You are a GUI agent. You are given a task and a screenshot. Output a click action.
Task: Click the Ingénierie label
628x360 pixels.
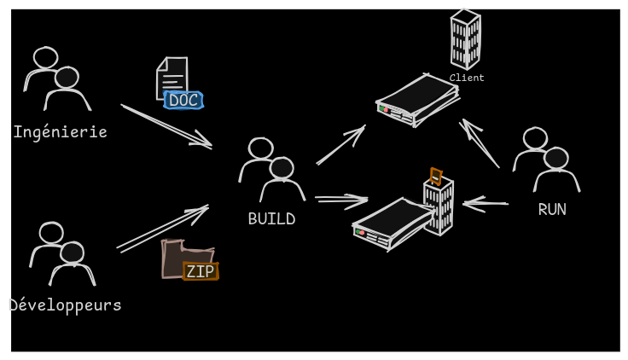pyautogui.click(x=60, y=132)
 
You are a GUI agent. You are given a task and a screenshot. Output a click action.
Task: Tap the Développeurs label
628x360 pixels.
pyautogui.click(x=65, y=305)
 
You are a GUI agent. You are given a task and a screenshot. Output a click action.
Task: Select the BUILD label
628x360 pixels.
pyautogui.click(x=271, y=219)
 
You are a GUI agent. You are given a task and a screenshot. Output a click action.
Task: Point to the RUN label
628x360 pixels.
pyautogui.click(x=552, y=210)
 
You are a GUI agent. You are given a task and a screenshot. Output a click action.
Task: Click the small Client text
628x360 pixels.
pyautogui.click(x=467, y=78)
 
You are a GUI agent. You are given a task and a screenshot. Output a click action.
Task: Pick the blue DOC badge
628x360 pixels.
pyautogui.click(x=183, y=101)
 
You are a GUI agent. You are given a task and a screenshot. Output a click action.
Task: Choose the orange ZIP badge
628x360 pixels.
pyautogui.click(x=201, y=271)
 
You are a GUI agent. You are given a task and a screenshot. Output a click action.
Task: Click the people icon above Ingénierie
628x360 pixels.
pyautogui.click(x=57, y=78)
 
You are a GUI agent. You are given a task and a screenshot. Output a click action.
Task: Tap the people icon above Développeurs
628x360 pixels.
pyautogui.click(x=62, y=253)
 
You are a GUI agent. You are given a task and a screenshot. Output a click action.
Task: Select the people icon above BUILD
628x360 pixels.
pyautogui.click(x=271, y=170)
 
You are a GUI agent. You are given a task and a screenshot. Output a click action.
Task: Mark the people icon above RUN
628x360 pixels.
pyautogui.click(x=546, y=160)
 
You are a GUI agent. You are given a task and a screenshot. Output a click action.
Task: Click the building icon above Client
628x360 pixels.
pyautogui.click(x=465, y=38)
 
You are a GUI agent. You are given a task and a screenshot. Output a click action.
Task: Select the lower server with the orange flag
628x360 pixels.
pyautogui.click(x=393, y=224)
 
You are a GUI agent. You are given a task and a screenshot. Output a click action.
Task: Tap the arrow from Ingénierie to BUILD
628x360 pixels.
pyautogui.click(x=167, y=126)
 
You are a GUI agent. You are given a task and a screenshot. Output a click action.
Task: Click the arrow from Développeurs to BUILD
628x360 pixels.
pyautogui.click(x=163, y=227)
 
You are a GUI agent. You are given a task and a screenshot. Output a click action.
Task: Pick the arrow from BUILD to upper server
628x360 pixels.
pyautogui.click(x=341, y=145)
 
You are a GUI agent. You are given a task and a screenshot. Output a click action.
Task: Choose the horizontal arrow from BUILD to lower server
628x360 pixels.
pyautogui.click(x=341, y=200)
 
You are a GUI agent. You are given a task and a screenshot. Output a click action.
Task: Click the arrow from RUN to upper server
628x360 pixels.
pyautogui.click(x=480, y=142)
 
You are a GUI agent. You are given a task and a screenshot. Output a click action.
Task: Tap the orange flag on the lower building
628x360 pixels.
pyautogui.click(x=436, y=176)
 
